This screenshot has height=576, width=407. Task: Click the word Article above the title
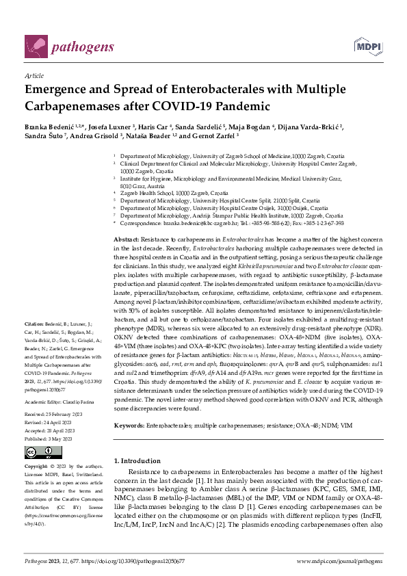34,76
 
